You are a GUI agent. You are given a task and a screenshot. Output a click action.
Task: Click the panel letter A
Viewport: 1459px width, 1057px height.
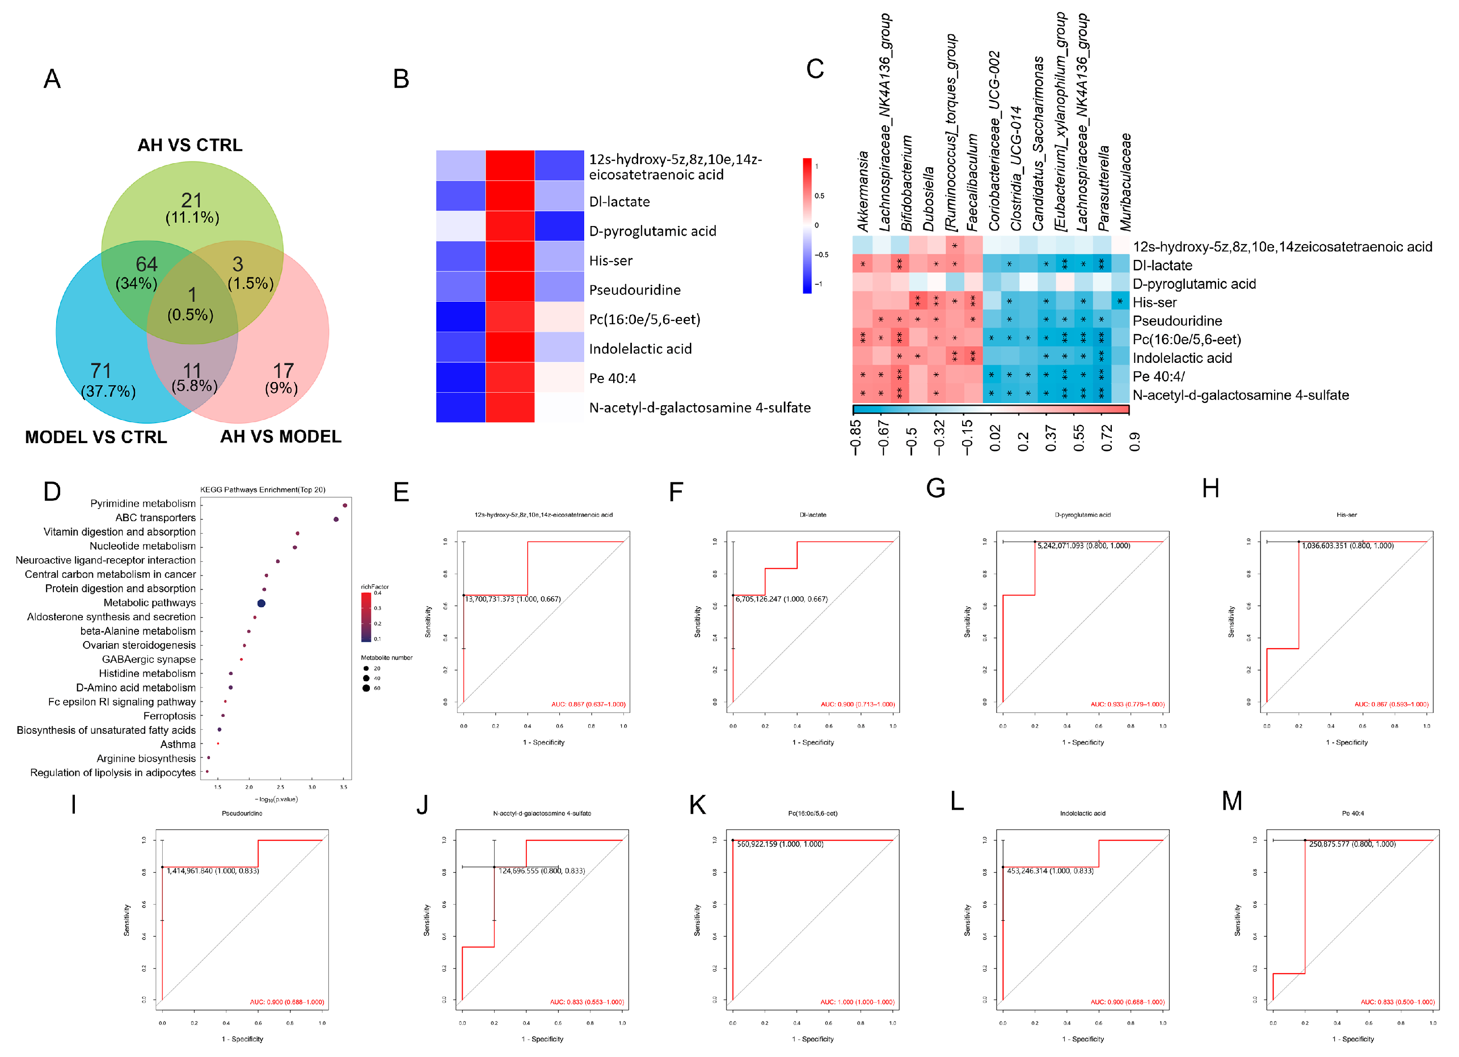tap(52, 79)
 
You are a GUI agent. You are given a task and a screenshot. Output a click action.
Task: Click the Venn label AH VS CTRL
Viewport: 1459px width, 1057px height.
tap(190, 145)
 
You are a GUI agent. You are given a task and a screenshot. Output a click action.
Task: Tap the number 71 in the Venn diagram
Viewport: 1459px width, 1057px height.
tap(101, 371)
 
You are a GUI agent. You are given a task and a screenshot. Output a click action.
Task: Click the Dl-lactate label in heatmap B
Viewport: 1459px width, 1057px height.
tap(619, 202)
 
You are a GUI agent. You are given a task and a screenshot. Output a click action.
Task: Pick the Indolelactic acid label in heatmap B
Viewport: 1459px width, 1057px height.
tap(640, 349)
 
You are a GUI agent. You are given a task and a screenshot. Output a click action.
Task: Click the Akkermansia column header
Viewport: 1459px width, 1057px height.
tap(862, 192)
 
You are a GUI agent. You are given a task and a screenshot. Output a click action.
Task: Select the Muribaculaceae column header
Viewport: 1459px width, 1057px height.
tap(1125, 182)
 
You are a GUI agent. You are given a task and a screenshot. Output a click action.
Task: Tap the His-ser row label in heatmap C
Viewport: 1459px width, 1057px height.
tap(1154, 303)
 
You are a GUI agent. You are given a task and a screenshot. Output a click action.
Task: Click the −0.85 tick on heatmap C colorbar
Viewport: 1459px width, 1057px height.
tap(856, 438)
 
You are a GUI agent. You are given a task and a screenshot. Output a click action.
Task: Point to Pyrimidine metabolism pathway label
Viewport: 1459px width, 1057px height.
tap(143, 503)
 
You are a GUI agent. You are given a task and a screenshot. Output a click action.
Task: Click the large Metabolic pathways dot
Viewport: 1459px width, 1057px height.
tap(261, 603)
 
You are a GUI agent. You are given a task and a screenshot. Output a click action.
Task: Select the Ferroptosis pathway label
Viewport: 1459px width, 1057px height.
tap(169, 716)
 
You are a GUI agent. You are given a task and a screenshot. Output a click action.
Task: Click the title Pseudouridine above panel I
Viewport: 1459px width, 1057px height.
tap(242, 813)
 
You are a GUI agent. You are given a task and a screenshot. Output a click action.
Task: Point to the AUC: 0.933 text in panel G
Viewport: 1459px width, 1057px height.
tap(1127, 704)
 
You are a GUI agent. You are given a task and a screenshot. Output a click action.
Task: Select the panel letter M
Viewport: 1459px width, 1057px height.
tap(1231, 802)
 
